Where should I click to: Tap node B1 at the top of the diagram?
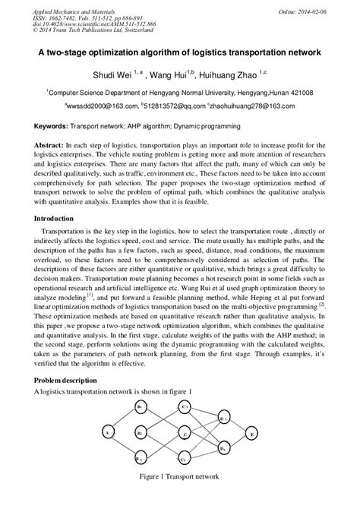(140, 408)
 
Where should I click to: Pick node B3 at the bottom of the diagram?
(140, 459)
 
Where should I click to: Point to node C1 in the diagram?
(185, 407)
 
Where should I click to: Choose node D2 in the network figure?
(223, 449)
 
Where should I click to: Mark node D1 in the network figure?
(223, 419)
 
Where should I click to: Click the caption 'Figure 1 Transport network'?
(180, 477)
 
